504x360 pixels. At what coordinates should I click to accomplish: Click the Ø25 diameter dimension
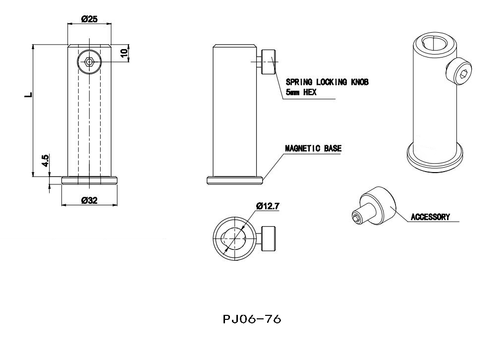[89, 19]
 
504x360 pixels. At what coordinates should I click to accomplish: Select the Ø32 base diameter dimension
[89, 200]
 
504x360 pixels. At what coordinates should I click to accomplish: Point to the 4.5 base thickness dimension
[45, 161]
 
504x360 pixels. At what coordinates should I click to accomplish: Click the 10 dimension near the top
[124, 52]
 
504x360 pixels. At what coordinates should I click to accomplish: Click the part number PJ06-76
[252, 319]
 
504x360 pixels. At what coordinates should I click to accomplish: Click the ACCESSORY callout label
[430, 217]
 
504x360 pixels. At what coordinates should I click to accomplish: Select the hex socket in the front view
[89, 62]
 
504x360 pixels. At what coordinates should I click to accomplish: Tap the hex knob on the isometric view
[460, 72]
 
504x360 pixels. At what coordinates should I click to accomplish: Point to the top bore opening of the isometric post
[436, 43]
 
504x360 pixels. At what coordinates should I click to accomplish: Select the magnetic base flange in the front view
[89, 181]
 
